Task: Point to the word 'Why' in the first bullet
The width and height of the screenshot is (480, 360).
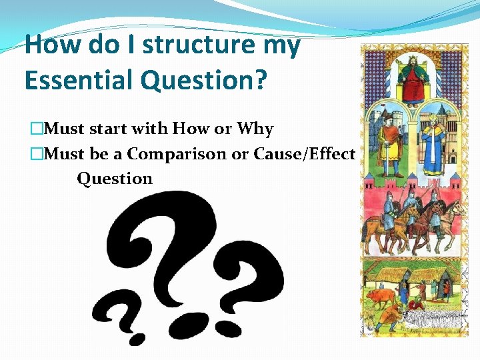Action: click(x=255, y=128)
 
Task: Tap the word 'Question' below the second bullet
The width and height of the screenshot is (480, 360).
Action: click(x=115, y=179)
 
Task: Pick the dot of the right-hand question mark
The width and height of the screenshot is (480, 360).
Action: click(x=230, y=327)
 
